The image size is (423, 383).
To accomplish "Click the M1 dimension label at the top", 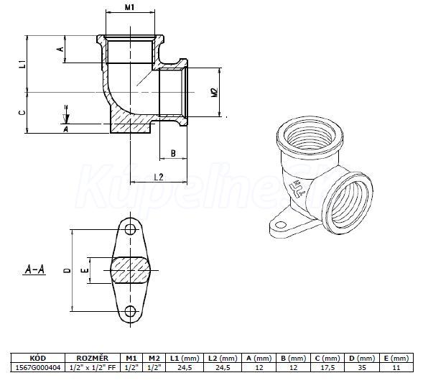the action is coord(129,7).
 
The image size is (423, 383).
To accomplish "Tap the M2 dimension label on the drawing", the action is coord(215,93).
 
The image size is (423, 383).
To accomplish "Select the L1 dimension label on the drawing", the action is coord(24,64).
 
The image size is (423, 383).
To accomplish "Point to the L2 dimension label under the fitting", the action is coord(159,177).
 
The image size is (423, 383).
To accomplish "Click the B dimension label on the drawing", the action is coord(173,153).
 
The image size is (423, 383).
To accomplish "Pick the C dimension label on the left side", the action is coord(23,113).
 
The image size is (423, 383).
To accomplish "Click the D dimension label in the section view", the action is coord(68,270).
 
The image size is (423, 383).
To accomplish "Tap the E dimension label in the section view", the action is coord(85,270).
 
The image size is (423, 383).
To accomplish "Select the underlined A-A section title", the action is coord(34,269).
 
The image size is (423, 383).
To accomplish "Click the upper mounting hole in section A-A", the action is coord(130,230).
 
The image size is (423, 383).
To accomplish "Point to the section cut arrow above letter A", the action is coord(66,114).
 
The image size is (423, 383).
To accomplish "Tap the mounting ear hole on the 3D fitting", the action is coord(281,225).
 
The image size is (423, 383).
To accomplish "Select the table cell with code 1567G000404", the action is coord(38,367).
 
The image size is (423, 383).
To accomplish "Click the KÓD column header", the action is coord(38,358).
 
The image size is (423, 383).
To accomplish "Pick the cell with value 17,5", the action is coord(327,367).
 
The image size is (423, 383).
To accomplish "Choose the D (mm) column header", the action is coord(362,358).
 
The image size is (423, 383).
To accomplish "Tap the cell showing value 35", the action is coord(362,367).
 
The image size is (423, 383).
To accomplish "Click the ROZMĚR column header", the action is coord(93,358).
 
